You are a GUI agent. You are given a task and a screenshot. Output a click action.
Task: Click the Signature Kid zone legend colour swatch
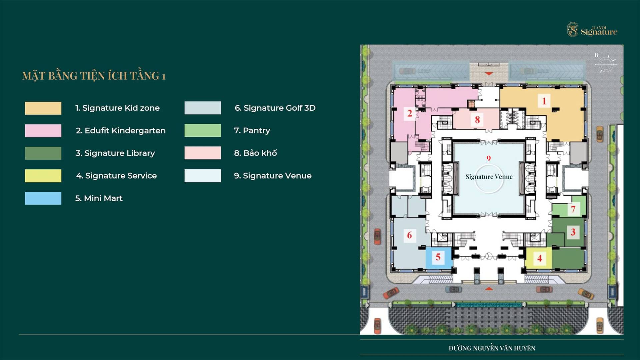click(x=43, y=108)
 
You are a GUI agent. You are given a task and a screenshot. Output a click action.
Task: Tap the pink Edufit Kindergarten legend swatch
click(x=43, y=131)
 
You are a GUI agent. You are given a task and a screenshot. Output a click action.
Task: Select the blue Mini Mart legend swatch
click(x=43, y=198)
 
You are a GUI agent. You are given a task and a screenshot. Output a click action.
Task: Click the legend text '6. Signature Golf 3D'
click(x=275, y=108)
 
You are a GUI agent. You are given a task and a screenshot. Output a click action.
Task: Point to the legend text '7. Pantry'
click(x=252, y=131)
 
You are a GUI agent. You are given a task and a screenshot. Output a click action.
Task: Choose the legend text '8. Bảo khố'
click(x=255, y=153)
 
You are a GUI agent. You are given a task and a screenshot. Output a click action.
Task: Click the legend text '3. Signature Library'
click(x=115, y=153)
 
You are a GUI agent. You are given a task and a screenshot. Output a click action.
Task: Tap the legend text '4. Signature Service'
click(x=116, y=176)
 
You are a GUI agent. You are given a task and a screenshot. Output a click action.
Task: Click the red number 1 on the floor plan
click(x=544, y=101)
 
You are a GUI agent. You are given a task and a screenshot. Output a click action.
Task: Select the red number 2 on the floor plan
click(x=410, y=113)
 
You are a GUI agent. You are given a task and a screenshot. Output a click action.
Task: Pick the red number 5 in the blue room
click(x=438, y=257)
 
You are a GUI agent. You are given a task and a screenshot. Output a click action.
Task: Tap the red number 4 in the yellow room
click(x=539, y=258)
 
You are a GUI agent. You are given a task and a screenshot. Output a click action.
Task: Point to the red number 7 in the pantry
click(x=573, y=209)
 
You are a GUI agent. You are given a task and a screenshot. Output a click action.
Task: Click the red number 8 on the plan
click(x=477, y=119)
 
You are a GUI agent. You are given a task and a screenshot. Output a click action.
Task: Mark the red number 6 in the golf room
click(x=409, y=235)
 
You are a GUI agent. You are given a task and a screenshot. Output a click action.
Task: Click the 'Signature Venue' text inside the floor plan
click(x=489, y=177)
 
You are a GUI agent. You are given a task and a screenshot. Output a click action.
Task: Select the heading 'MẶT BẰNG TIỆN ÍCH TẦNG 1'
click(x=94, y=76)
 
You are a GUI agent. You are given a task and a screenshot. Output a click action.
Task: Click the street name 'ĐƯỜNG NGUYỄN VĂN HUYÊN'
click(x=492, y=348)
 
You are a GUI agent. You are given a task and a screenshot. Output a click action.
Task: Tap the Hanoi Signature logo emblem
click(x=573, y=30)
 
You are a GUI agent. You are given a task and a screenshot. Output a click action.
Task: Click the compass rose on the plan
click(x=606, y=64)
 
